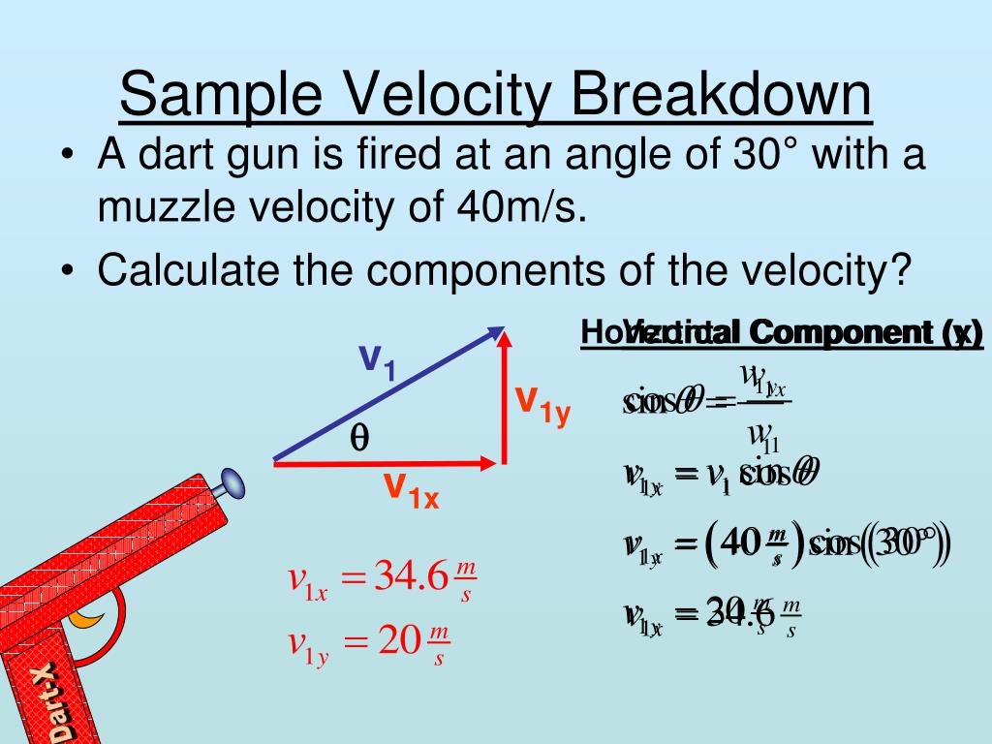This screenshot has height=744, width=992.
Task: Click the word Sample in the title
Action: (222, 97)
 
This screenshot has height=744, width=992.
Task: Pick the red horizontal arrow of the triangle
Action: (387, 464)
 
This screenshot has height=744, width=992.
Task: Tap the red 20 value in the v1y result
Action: (397, 640)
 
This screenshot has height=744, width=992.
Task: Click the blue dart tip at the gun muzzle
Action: (232, 480)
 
